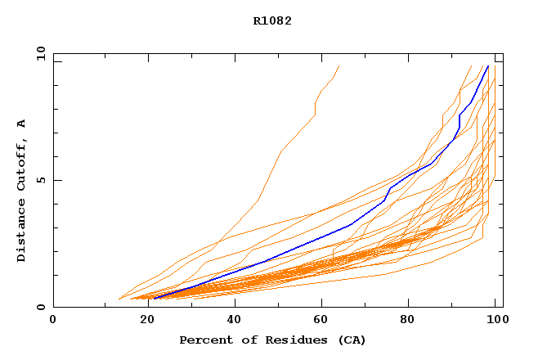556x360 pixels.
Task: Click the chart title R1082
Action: coord(272,21)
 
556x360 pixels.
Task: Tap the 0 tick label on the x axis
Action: coord(53,320)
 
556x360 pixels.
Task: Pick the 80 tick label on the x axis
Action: coord(410,320)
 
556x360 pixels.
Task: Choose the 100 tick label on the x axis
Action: coord(495,320)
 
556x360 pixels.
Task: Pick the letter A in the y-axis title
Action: coord(22,124)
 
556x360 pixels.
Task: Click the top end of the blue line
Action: coord(488,66)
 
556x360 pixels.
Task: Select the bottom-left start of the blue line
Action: coord(153,299)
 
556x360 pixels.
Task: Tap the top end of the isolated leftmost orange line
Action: coord(339,66)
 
